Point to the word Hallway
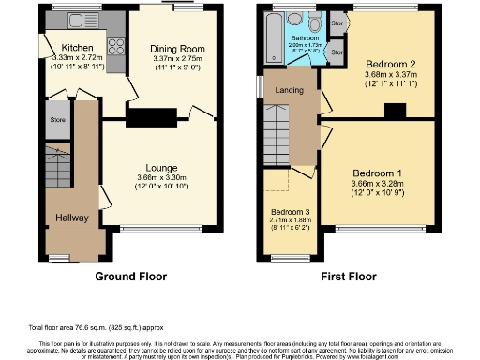(70, 216)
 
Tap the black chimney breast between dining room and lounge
(152, 118)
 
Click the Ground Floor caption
(130, 277)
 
